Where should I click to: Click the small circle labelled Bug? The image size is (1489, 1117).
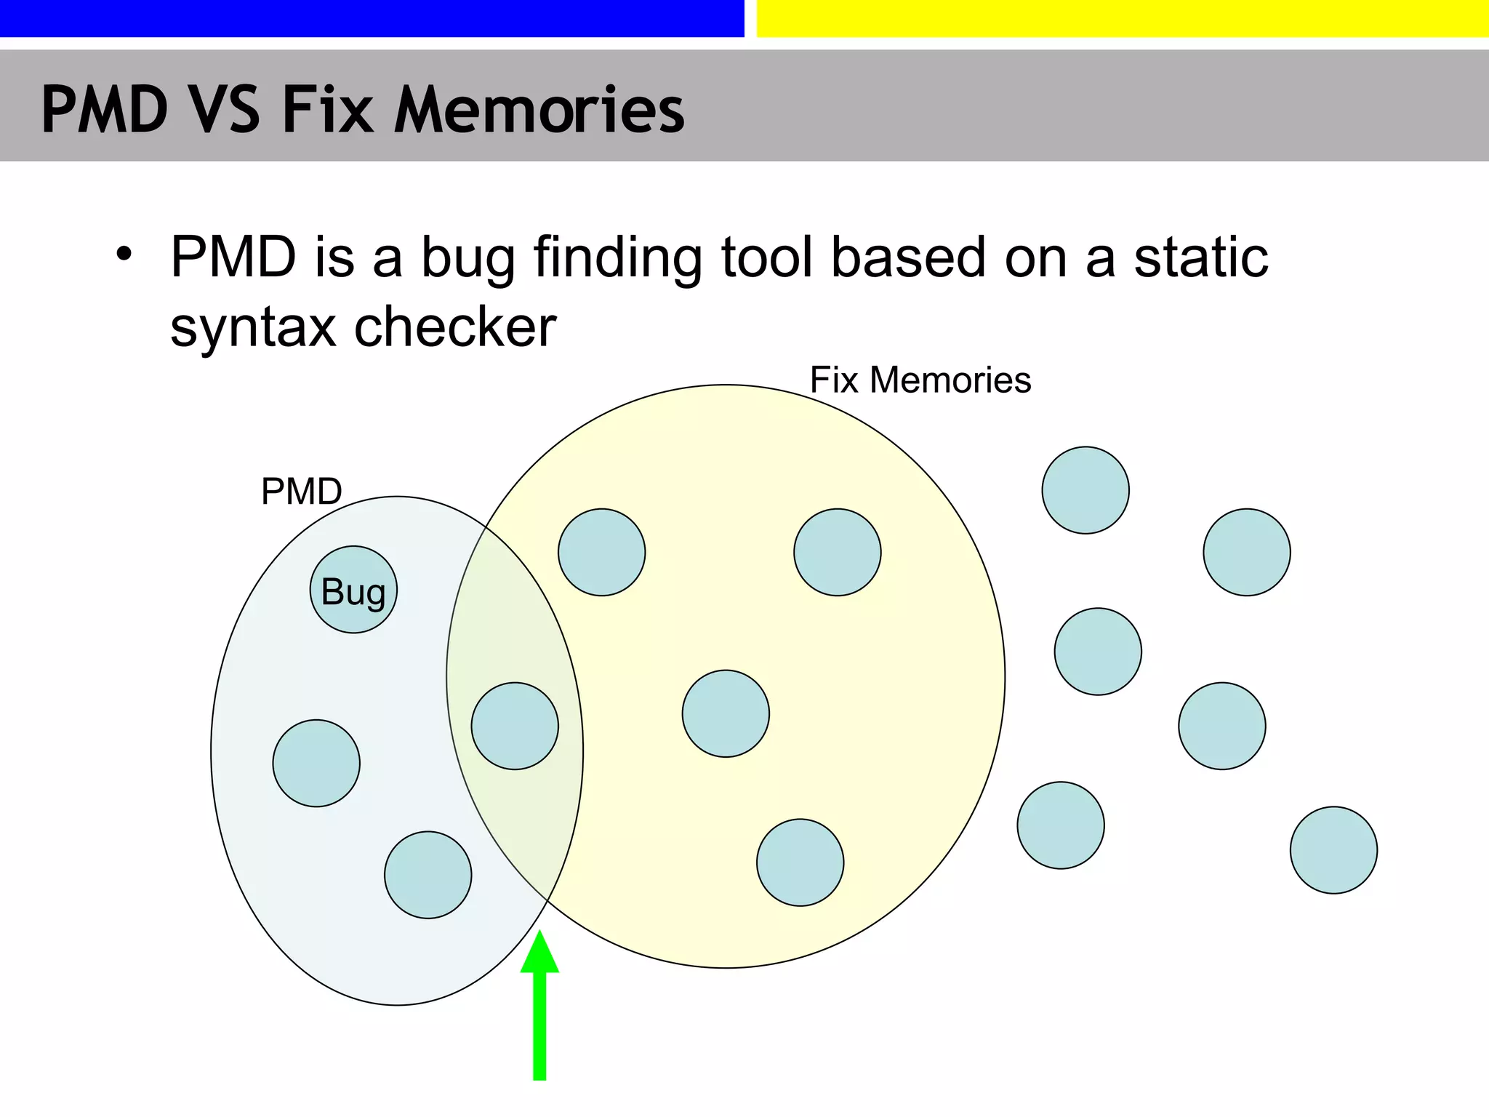point(353,590)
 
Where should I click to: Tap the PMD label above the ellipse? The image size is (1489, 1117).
point(301,492)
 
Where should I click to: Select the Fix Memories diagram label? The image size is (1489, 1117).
point(920,380)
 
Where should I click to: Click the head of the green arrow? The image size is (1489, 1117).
point(539,953)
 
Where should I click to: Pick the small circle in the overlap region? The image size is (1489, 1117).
point(515,726)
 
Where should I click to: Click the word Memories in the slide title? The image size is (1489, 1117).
point(539,110)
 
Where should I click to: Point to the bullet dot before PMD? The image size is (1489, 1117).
point(124,255)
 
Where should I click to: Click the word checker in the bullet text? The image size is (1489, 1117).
point(455,327)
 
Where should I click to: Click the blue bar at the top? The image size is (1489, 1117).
point(372,18)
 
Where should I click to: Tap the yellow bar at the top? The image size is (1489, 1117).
point(1123,18)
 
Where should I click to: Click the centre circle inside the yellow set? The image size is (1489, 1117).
point(726,713)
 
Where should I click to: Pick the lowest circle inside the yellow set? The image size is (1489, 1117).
point(800,862)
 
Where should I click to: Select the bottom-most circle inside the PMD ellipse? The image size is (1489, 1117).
point(428,875)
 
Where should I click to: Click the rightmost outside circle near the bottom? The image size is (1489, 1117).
point(1333,850)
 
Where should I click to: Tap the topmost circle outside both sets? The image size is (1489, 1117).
point(1085,490)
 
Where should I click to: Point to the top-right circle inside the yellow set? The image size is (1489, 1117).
point(838,553)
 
